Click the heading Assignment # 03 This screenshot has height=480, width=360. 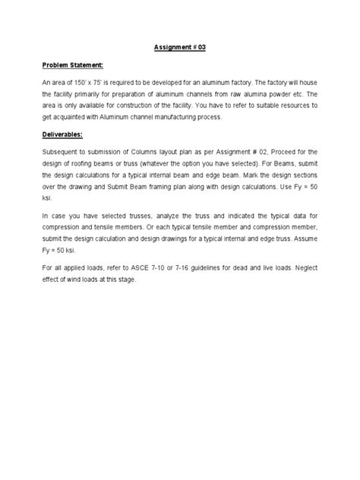[x=179, y=47]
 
